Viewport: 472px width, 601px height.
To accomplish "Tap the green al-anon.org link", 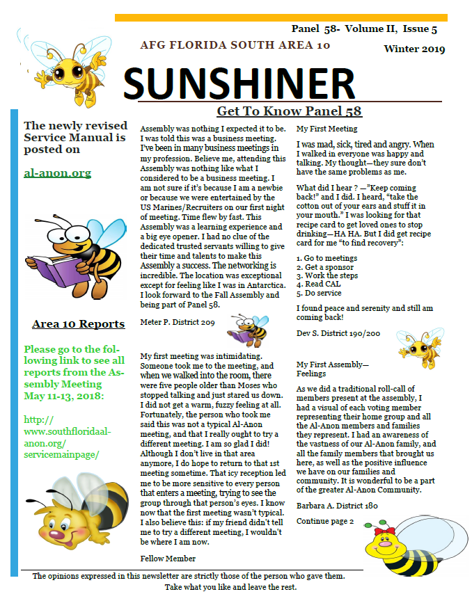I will point(58,173).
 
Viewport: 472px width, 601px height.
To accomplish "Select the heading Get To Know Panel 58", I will point(289,111).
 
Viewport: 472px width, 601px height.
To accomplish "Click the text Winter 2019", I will point(414,49).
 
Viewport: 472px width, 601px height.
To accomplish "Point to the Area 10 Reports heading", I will point(78,323).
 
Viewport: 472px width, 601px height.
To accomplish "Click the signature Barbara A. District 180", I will point(337,505).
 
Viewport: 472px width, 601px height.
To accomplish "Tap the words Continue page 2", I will point(325,520).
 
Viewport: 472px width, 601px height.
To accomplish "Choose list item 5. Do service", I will point(319,293).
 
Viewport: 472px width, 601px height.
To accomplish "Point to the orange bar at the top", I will point(279,17).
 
